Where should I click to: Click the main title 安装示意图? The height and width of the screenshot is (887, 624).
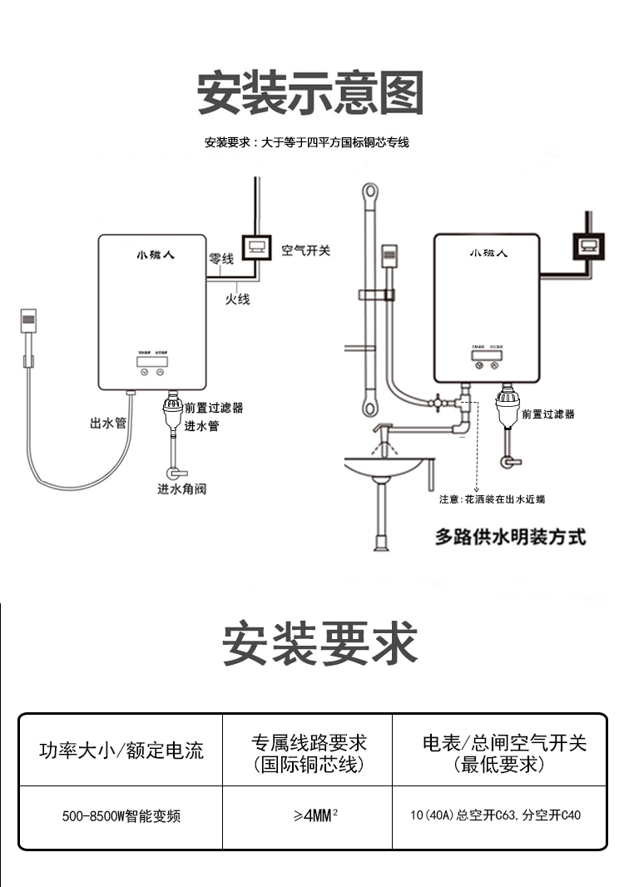(310, 92)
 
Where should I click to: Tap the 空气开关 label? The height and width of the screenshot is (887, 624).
(305, 250)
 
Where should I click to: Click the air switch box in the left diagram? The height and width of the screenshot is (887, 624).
(256, 247)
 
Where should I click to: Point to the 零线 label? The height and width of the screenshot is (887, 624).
(220, 259)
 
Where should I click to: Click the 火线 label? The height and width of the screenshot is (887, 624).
(238, 298)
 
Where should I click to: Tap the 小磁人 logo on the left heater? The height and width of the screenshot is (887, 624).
(151, 255)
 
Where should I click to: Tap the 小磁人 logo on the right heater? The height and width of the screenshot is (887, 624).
(488, 252)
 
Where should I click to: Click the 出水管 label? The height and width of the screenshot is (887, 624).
(108, 423)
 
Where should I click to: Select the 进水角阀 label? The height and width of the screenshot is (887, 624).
(181, 488)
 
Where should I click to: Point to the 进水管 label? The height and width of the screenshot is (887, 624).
(201, 426)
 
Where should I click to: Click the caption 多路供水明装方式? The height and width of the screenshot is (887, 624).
(510, 537)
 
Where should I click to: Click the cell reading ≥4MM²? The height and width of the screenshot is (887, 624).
(307, 816)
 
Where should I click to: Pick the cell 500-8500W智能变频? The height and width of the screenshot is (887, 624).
(121, 816)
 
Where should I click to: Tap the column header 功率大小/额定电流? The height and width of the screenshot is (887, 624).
(121, 750)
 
